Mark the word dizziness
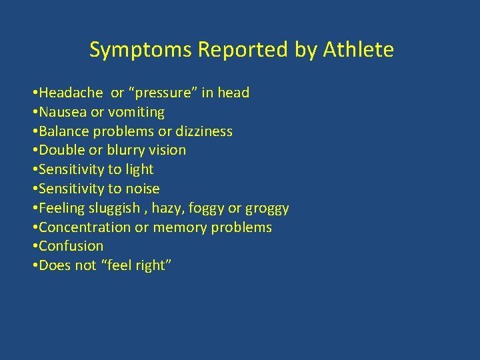pos(203,131)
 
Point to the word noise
pos(142,189)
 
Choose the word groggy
pos(267,208)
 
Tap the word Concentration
pos(85,227)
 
